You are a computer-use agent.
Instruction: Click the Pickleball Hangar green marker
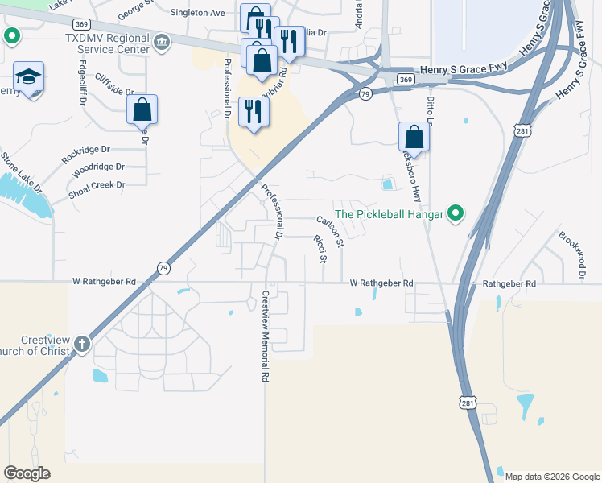(456, 214)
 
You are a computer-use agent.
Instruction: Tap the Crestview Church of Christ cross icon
(81, 345)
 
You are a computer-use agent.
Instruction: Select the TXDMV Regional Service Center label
(108, 43)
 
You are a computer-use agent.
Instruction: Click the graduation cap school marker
(29, 77)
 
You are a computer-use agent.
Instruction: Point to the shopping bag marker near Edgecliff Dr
(142, 109)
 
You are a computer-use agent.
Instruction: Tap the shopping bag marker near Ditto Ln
(414, 136)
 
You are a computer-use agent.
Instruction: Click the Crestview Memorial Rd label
(264, 336)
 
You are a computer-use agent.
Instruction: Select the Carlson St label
(330, 231)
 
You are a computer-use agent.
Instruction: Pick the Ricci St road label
(320, 249)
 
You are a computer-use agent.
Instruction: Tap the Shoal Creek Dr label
(97, 185)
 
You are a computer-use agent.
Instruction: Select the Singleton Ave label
(197, 13)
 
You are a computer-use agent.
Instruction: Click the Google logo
(27, 473)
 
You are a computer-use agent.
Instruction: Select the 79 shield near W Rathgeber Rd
(163, 268)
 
